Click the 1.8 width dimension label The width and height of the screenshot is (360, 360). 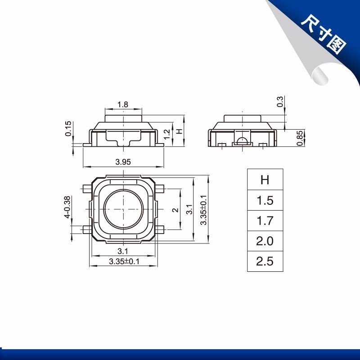click(x=122, y=105)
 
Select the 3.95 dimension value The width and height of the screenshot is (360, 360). click(x=123, y=162)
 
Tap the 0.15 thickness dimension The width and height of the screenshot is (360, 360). click(x=68, y=129)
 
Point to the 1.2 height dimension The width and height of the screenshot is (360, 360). click(x=167, y=134)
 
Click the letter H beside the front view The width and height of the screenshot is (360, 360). click(x=179, y=131)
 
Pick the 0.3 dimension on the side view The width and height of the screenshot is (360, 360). click(x=280, y=102)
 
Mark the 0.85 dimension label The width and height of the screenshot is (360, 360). click(x=300, y=138)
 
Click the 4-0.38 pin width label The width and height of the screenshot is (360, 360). click(x=67, y=207)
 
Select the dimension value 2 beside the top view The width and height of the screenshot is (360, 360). click(x=175, y=210)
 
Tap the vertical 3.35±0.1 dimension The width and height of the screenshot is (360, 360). click(x=203, y=210)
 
